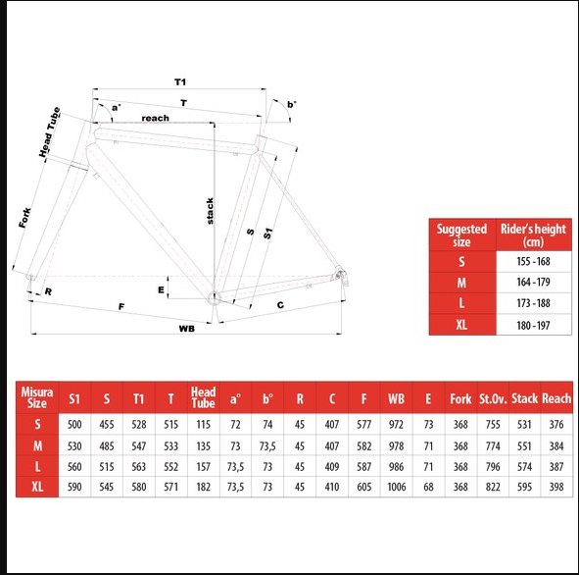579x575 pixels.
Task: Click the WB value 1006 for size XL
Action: [x=396, y=487]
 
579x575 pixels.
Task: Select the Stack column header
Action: [x=524, y=398]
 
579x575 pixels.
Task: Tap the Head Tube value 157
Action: [x=203, y=467]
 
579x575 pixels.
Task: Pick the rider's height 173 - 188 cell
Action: [x=533, y=303]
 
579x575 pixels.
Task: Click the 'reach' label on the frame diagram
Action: [x=155, y=118]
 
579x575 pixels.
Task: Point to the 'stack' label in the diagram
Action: [x=210, y=211]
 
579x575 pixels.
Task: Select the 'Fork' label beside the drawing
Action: [x=25, y=218]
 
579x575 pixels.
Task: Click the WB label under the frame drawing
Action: [x=186, y=329]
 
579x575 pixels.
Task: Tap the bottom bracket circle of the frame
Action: [x=214, y=297]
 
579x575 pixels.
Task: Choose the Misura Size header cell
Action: [x=37, y=397]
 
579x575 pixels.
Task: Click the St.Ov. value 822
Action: [x=493, y=487]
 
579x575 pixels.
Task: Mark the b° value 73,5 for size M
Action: [x=267, y=445]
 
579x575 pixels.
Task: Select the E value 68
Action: [x=428, y=487]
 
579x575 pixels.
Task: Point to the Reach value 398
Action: [x=556, y=487]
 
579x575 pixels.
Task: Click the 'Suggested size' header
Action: [x=461, y=235]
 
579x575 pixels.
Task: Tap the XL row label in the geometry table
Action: [x=37, y=487]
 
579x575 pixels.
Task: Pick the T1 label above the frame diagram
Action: [x=180, y=81]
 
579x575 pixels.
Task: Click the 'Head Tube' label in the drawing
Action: [x=50, y=131]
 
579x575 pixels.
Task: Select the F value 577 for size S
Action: [x=363, y=424]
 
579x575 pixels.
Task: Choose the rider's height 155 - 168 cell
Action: [x=533, y=261]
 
